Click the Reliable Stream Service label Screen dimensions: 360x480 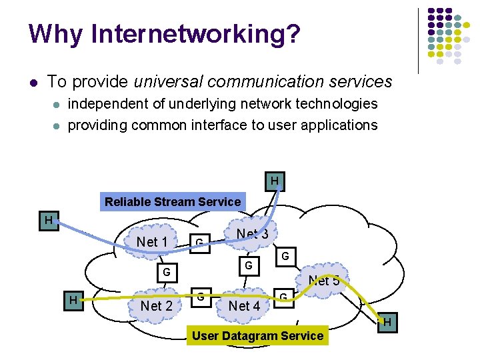click(x=173, y=202)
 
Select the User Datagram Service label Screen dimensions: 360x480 click(x=257, y=336)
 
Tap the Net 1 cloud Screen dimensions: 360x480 click(x=152, y=241)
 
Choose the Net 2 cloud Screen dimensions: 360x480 click(x=156, y=305)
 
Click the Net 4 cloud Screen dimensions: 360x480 click(x=244, y=305)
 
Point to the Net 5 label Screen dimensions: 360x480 click(x=324, y=281)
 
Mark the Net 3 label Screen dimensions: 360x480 click(x=253, y=234)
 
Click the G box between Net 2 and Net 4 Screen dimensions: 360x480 click(x=200, y=296)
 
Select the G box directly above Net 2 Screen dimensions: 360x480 click(x=167, y=272)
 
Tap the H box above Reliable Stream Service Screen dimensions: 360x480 click(x=275, y=181)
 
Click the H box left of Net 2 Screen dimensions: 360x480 click(x=74, y=301)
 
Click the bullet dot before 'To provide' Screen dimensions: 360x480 click(x=33, y=83)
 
